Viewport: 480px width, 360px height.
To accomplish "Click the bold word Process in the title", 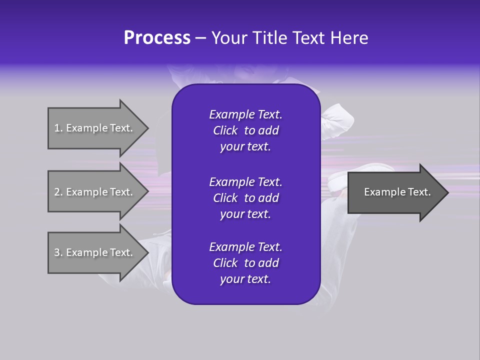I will click(x=157, y=38).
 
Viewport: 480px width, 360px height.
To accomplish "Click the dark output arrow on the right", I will click(x=397, y=192).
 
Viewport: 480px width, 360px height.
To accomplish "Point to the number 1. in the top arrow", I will click(x=58, y=128).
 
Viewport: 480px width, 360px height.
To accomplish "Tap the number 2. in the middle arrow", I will click(x=58, y=192).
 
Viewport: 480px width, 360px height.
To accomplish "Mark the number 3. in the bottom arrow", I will click(x=58, y=252).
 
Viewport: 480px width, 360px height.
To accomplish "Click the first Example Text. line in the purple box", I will click(x=245, y=114).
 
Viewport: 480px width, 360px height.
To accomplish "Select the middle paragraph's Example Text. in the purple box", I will click(x=245, y=181).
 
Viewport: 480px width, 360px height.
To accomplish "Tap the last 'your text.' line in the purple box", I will click(x=245, y=279).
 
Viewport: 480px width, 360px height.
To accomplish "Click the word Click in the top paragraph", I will click(x=225, y=130).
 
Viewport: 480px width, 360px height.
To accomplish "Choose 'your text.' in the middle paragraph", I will click(x=245, y=214).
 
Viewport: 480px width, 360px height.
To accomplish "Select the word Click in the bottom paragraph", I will click(x=225, y=263).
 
